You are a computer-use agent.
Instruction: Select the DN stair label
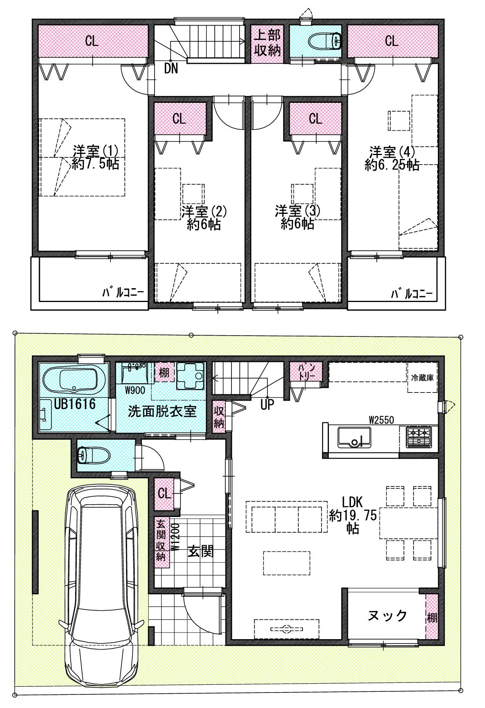click(171, 69)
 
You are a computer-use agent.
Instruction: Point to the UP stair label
click(267, 404)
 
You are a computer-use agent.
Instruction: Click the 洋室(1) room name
click(95, 150)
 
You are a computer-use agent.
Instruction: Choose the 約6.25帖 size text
click(392, 165)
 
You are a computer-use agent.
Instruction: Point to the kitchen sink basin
click(354, 437)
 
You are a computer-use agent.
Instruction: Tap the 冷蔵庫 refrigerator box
click(422, 378)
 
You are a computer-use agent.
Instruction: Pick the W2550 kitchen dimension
click(381, 420)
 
